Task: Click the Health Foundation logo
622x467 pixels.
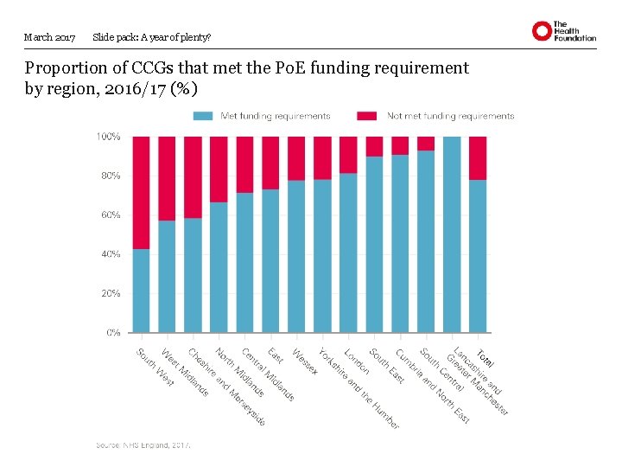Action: coord(563,31)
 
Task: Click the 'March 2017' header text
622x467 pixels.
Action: coord(50,37)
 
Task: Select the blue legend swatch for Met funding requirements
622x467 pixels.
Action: coord(203,116)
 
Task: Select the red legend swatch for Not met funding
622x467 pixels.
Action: coord(367,116)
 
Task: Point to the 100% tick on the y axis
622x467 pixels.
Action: coord(108,137)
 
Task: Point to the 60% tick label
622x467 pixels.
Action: coord(110,214)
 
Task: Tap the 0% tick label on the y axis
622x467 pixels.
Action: coord(113,332)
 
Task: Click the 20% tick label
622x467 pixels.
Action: coord(110,293)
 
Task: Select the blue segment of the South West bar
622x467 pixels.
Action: coord(141,291)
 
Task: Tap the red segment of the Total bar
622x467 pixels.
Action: coord(478,157)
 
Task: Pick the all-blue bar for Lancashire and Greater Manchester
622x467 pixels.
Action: coord(452,233)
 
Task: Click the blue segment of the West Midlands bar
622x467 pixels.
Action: coord(167,277)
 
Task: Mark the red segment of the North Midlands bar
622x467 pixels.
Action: coord(219,169)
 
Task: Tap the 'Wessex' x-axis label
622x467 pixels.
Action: coord(305,361)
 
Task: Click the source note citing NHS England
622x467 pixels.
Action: coord(143,445)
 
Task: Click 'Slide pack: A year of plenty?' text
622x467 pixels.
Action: coord(151,37)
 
